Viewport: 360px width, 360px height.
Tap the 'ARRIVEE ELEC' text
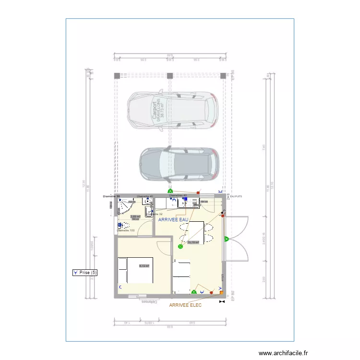tap(185, 305)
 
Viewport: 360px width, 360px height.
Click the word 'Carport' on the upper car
tap(155, 110)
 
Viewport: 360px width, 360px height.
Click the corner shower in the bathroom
tap(125, 205)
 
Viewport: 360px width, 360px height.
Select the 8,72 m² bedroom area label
tap(144, 266)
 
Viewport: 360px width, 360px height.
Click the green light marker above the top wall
tap(169, 191)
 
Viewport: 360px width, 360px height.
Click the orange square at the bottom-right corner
tap(221, 292)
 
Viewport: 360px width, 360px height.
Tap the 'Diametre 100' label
tap(126, 231)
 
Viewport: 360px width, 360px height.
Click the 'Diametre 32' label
tap(155, 214)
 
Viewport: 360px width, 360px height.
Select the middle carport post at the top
tap(169, 75)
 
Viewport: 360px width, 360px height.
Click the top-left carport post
tap(117, 75)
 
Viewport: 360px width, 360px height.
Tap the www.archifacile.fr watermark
tap(283, 353)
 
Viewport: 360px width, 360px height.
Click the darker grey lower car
tap(178, 165)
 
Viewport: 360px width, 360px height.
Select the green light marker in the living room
tap(180, 247)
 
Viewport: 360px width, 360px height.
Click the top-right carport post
tap(223, 75)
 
